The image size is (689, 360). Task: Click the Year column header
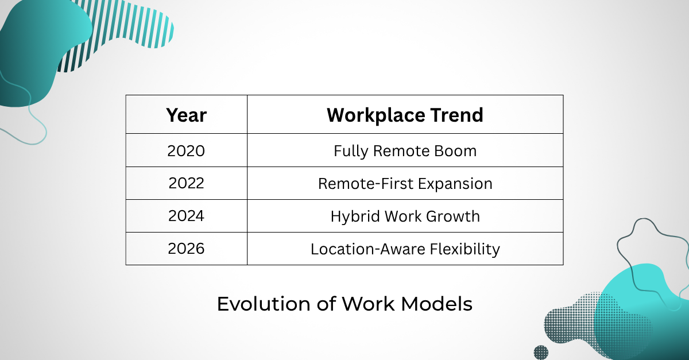point(187,115)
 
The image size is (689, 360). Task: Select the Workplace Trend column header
point(405,115)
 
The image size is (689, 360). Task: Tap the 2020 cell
point(186,151)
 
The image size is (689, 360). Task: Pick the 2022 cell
point(186,183)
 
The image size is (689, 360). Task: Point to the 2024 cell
point(186,216)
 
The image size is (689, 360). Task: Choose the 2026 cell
point(186,249)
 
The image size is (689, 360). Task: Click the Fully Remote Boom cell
point(405,151)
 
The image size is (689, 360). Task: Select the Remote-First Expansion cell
point(405,184)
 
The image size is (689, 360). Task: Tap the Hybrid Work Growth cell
point(405,216)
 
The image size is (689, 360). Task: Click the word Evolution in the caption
point(264,304)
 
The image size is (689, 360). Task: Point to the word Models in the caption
point(437,304)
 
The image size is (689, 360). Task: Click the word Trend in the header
point(457,115)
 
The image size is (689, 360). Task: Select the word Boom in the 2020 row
point(455,151)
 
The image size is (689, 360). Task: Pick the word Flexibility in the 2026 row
point(465,249)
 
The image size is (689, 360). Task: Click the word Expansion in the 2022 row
point(455,184)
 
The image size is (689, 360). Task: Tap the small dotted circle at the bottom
point(541,353)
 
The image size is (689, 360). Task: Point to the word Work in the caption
point(368,304)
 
